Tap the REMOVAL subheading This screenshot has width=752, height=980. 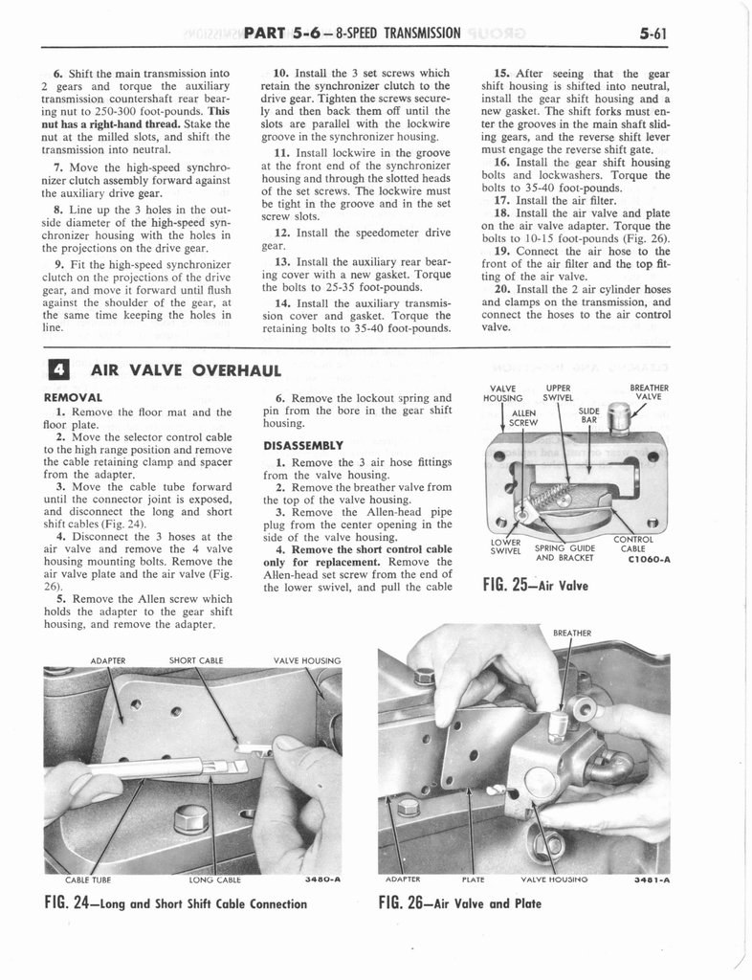point(73,396)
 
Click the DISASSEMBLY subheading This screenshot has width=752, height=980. point(302,445)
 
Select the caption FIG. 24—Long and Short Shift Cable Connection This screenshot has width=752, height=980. point(176,902)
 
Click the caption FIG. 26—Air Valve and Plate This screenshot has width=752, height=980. point(459,902)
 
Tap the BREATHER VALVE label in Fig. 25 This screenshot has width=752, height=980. point(648,392)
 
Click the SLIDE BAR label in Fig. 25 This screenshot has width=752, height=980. point(589,414)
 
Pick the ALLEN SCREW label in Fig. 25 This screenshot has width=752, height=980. point(522,417)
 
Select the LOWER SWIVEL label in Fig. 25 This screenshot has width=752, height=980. point(505,546)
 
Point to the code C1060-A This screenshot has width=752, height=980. point(647,561)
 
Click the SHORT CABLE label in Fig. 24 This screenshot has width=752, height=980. point(195,659)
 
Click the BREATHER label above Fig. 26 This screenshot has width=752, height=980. point(572,633)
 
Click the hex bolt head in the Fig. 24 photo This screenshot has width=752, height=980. point(191,818)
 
